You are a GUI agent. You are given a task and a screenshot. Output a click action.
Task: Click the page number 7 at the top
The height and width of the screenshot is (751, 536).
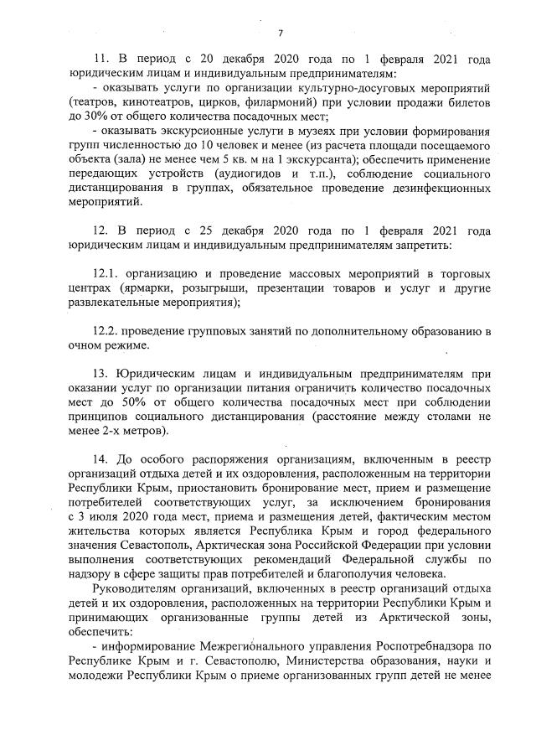tap(281, 34)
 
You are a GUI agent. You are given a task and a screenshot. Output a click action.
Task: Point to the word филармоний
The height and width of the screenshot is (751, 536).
tap(261, 102)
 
